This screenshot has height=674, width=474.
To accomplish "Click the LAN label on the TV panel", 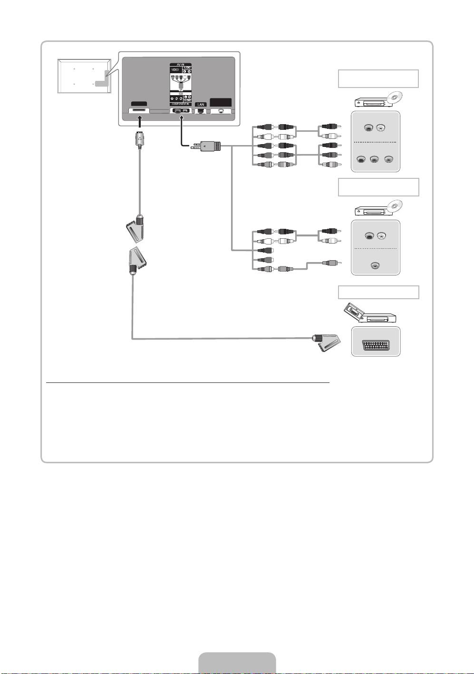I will click(201, 104).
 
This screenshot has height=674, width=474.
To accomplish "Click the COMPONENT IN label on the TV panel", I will click(180, 104).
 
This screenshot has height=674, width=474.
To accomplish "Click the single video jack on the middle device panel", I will click(376, 265).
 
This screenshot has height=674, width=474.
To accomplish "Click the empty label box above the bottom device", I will click(378, 292).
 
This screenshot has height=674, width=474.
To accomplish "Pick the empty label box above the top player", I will click(378, 78).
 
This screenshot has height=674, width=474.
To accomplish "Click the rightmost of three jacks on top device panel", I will click(389, 160).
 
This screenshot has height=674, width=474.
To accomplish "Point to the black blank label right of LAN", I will click(221, 103).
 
